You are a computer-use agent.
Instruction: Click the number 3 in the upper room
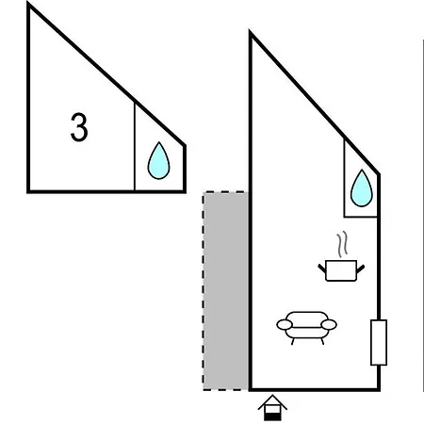tap(79, 127)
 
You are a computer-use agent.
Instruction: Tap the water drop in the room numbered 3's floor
tap(158, 160)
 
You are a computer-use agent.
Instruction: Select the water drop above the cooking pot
tap(362, 188)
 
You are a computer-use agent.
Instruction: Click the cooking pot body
tap(341, 270)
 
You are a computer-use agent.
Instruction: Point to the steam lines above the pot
tap(342, 244)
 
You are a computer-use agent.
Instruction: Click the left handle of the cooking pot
tap(322, 269)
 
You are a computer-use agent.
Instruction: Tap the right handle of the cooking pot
tap(360, 269)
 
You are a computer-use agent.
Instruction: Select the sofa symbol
tap(306, 328)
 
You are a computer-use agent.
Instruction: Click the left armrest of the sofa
tap(285, 324)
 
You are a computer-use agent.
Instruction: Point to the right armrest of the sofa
tap(329, 324)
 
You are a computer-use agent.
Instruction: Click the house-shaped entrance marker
tap(272, 408)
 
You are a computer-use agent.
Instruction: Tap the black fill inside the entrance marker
tap(272, 416)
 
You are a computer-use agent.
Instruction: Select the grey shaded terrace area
tap(226, 291)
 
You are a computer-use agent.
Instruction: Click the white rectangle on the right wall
tap(379, 343)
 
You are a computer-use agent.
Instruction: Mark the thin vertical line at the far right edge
tap(423, 217)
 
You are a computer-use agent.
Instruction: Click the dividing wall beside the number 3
tap(135, 147)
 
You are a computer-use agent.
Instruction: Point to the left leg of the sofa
tap(293, 341)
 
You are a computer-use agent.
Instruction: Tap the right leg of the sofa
tap(322, 341)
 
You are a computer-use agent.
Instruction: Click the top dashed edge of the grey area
tap(226, 191)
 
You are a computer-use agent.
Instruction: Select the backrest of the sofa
tap(307, 317)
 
